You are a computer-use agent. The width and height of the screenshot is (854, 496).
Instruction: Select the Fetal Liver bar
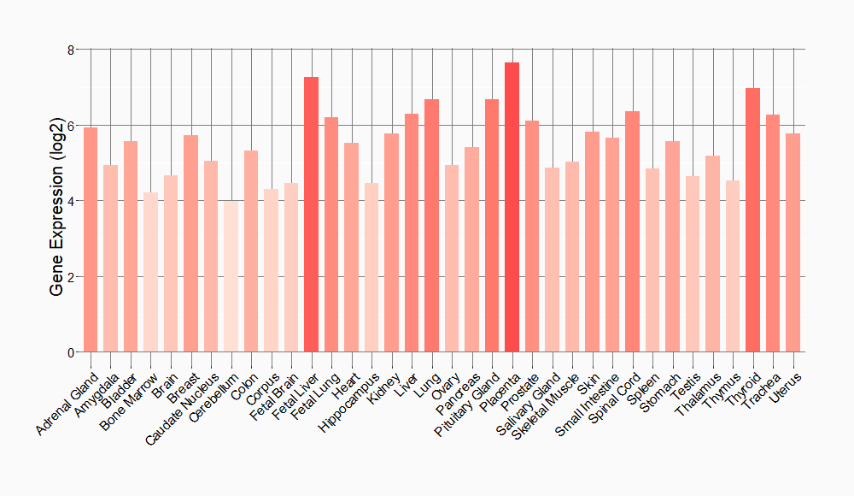[x=311, y=214]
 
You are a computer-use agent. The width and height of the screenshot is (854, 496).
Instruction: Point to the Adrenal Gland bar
[x=91, y=239]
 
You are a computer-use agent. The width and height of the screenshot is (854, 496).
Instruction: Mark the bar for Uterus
[x=793, y=243]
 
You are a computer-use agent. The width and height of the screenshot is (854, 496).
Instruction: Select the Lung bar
[x=431, y=226]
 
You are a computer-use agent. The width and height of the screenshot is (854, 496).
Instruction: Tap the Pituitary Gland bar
[x=492, y=226]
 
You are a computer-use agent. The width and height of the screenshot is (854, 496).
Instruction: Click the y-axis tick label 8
[x=72, y=50]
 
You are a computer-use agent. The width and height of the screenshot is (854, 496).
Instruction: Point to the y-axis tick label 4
[x=72, y=201]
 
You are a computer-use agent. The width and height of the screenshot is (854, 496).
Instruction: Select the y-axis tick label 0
[x=72, y=352]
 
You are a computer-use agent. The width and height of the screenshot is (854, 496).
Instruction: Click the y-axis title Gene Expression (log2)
[x=56, y=201]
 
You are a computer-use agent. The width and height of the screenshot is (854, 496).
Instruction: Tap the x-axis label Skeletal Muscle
[x=549, y=402]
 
